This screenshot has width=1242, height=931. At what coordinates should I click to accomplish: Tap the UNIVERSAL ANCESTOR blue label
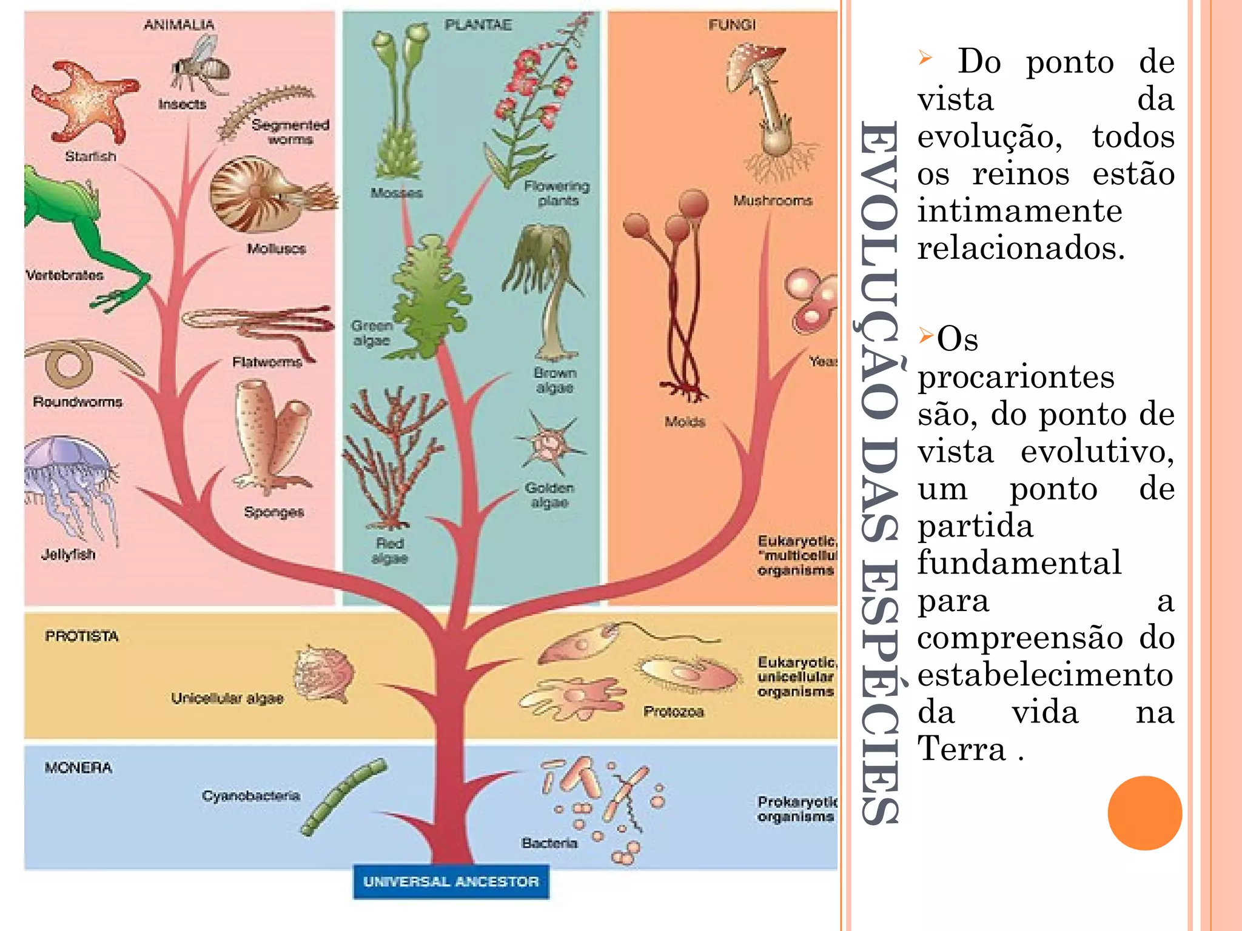(x=451, y=881)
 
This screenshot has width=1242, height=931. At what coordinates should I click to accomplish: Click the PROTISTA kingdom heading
(x=82, y=636)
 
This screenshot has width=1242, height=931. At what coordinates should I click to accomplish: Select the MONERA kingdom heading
(x=78, y=768)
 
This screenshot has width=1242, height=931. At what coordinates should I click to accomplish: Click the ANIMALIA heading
(x=179, y=25)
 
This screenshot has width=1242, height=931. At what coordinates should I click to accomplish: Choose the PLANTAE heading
(x=478, y=25)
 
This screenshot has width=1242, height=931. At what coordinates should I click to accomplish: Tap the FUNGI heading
(x=732, y=25)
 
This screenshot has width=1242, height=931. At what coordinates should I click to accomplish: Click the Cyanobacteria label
(x=251, y=795)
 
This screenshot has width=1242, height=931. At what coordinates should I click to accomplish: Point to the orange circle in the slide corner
(x=1144, y=813)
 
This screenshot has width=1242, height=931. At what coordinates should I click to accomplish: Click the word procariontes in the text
(x=1016, y=377)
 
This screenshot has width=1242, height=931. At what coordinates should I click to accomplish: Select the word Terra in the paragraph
(x=962, y=749)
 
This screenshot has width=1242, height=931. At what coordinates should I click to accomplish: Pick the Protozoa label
(x=674, y=712)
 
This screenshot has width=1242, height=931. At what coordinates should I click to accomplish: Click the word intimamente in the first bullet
(x=1019, y=211)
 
